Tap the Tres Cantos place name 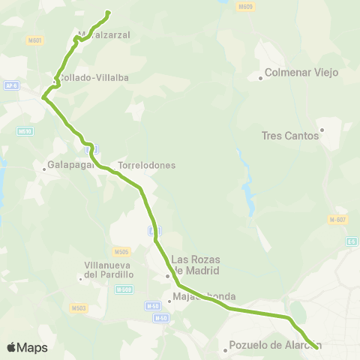tap(290, 136)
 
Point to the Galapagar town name tap(69, 165)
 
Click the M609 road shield tap(244, 7)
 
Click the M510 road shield tap(25, 130)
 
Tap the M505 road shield tap(121, 252)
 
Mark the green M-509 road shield tap(124, 289)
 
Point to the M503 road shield tap(79, 308)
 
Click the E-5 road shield tap(352, 241)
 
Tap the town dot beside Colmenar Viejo tap(260, 77)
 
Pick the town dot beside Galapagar tap(44, 169)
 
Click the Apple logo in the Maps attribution tap(11, 347)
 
